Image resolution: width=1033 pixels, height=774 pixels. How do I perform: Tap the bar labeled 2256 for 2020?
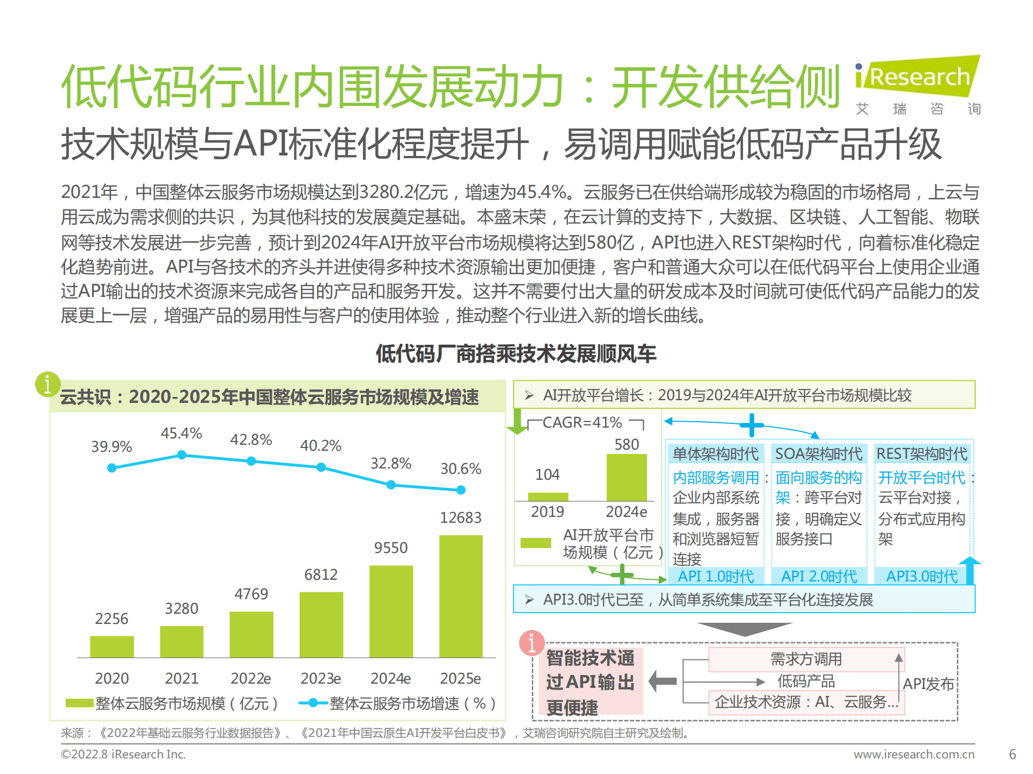coord(112,647)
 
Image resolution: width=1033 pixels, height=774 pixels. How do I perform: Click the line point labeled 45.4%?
coord(182,455)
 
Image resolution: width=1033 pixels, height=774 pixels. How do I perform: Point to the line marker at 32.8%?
coord(391,485)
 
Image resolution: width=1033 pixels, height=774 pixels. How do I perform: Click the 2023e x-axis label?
coord(321,678)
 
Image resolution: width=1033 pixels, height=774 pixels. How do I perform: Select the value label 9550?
coord(391,548)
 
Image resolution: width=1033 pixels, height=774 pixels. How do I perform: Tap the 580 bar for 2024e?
coord(627,478)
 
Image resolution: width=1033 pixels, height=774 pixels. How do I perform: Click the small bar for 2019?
coord(548,496)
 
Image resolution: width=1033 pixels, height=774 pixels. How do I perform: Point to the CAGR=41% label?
coord(582,423)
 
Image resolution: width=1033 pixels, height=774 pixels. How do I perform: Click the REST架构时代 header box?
coord(922,454)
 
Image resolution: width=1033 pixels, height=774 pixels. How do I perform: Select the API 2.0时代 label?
coord(819,576)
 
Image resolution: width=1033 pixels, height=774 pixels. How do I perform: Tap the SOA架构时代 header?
coord(818,454)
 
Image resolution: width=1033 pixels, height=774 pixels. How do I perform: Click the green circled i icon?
coord(47,384)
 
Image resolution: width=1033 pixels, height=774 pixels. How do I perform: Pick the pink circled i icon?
coord(532,643)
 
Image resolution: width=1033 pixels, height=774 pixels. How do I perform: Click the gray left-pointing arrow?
coord(663,681)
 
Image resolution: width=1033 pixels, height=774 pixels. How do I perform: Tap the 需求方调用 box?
coord(806,659)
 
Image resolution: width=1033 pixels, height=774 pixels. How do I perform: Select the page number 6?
coord(1012,754)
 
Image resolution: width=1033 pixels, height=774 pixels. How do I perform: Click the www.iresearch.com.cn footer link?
coord(914,754)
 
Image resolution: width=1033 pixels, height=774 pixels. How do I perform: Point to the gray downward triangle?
coord(744,629)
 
